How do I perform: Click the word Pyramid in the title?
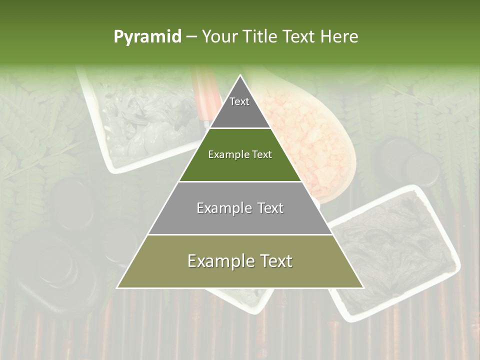click(x=147, y=36)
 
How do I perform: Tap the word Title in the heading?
click(x=260, y=36)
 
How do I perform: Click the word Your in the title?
click(x=220, y=36)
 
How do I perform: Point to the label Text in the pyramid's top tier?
click(x=239, y=101)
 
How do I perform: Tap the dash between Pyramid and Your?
click(x=191, y=36)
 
